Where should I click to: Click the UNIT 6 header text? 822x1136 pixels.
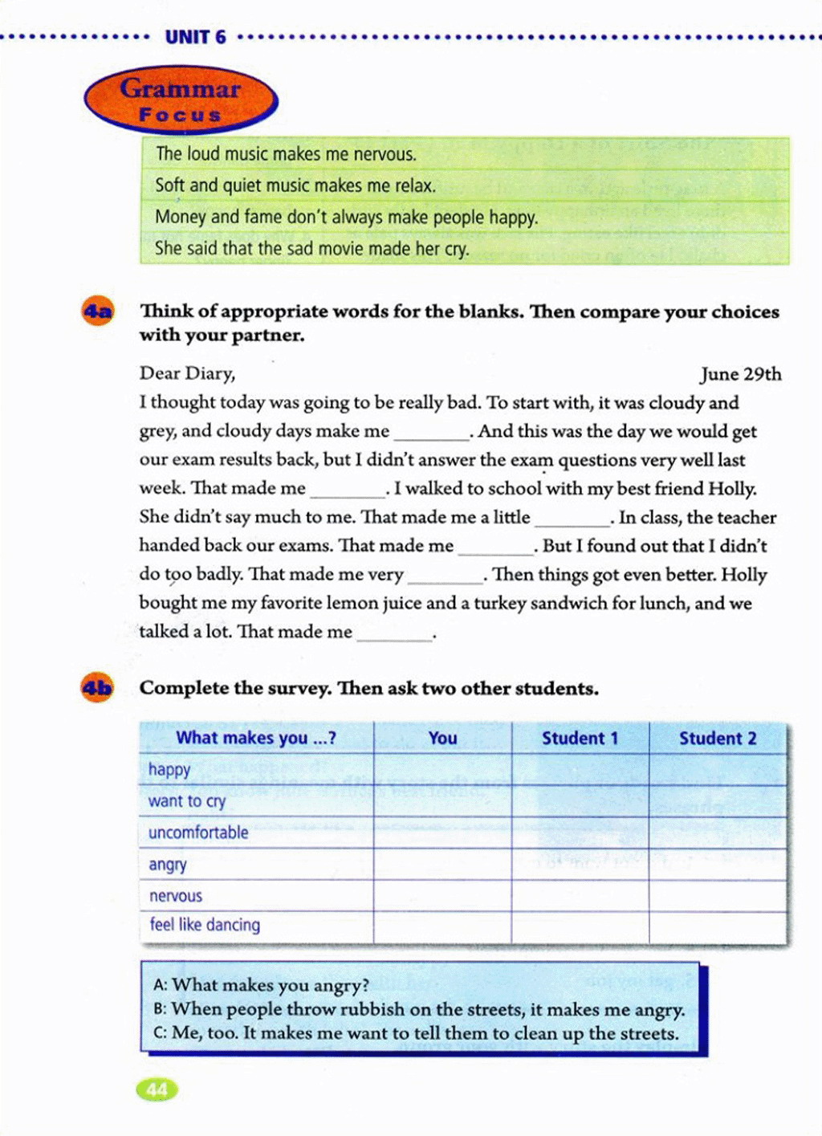[x=195, y=37]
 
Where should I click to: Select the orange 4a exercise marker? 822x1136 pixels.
[x=97, y=311]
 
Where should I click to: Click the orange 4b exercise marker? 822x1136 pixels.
[x=97, y=688]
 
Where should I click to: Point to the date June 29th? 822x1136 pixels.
[x=740, y=374]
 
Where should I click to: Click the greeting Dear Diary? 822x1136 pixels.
[x=187, y=373]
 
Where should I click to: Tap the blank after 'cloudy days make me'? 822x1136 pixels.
[x=432, y=434]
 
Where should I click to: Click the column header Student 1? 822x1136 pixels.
[x=580, y=739]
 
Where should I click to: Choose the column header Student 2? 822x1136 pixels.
[x=718, y=739]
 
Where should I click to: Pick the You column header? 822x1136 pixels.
[x=442, y=739]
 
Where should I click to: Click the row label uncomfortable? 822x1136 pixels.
[x=198, y=833]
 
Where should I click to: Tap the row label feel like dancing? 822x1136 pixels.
[x=205, y=925]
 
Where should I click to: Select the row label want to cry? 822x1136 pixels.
[x=187, y=801]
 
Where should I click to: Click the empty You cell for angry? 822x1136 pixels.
[x=442, y=865]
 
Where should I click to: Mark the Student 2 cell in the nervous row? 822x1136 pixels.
[x=718, y=896]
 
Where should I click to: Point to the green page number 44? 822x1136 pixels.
[x=157, y=1089]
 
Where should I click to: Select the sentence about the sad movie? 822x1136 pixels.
[x=311, y=249]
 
